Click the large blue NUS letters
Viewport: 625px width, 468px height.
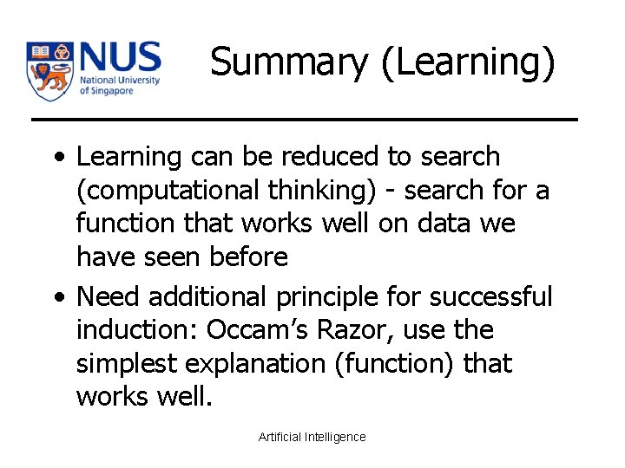click(120, 58)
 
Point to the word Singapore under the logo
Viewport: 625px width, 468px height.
click(112, 90)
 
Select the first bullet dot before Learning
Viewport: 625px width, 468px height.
click(57, 159)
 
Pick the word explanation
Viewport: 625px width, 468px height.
click(244, 364)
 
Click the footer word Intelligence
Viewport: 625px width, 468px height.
click(334, 437)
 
